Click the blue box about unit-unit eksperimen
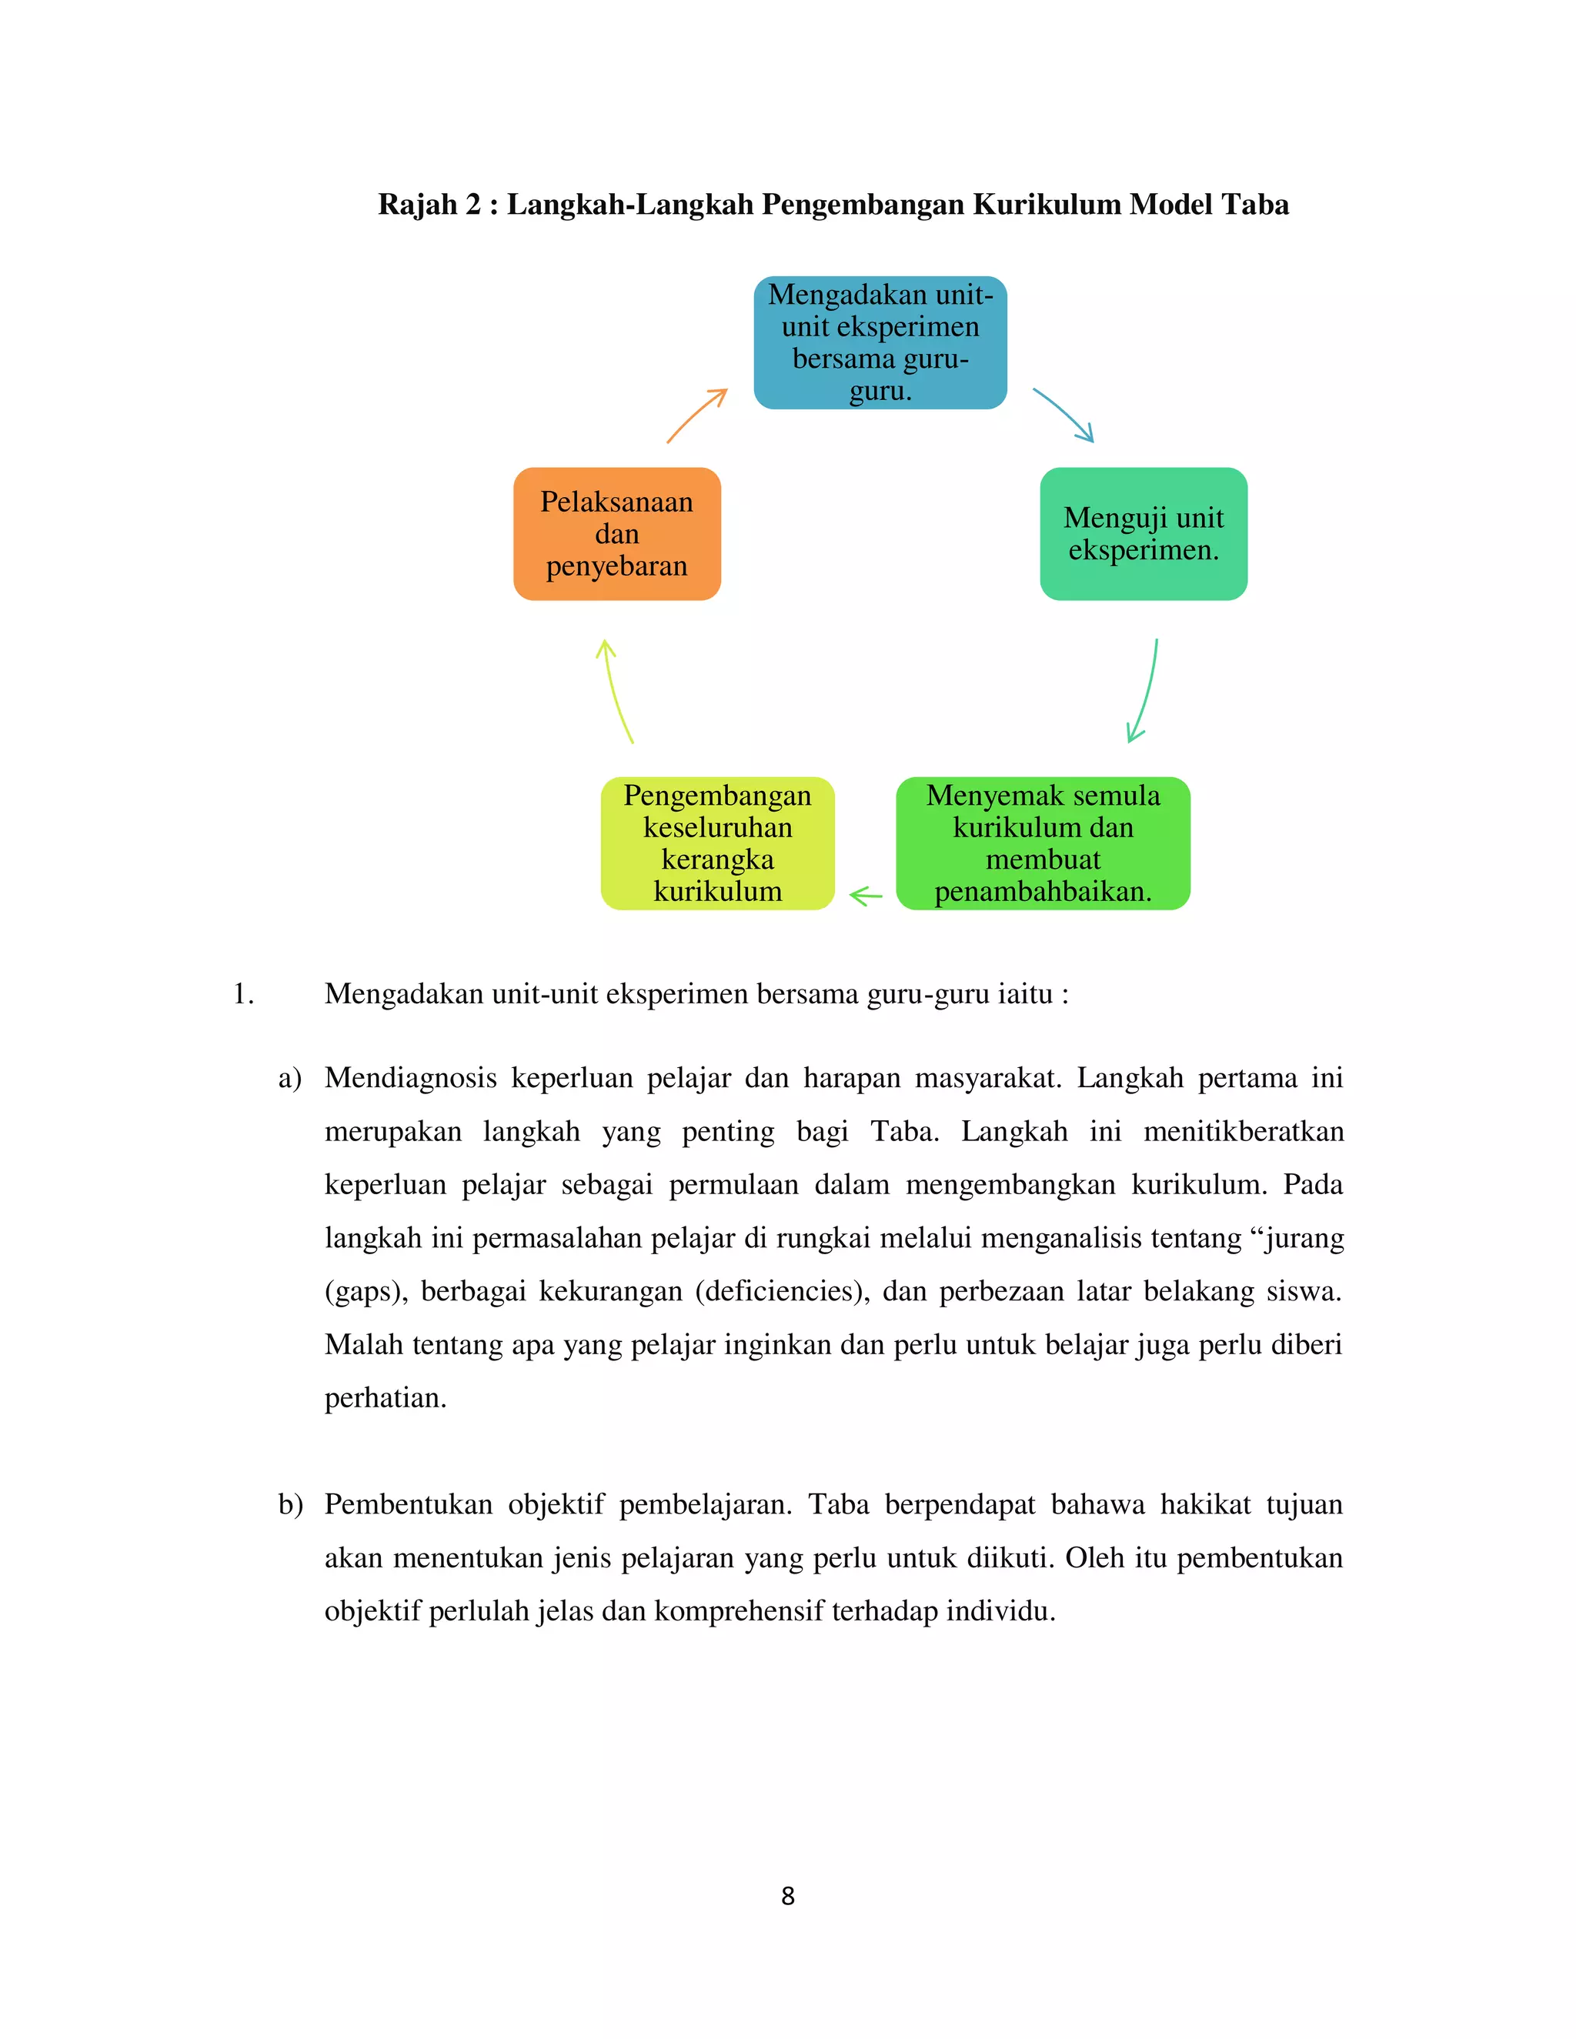click(x=880, y=342)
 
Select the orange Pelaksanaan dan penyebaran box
click(x=616, y=534)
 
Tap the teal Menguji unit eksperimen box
click(x=1143, y=534)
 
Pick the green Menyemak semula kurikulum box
click(x=1042, y=843)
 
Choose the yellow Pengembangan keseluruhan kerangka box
click(x=717, y=843)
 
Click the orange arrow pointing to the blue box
click(x=696, y=415)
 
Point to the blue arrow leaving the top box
click(x=1063, y=415)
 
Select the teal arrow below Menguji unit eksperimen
click(x=1144, y=692)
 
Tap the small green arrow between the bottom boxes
click(x=866, y=896)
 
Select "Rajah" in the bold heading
click(x=417, y=204)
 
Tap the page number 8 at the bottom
click(x=788, y=1896)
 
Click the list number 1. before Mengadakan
click(x=242, y=993)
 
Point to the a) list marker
click(x=289, y=1078)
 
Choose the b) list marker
click(x=290, y=1505)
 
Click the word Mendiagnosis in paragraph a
click(x=411, y=1078)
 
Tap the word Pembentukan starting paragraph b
click(x=408, y=1505)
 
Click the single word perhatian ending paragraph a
click(x=385, y=1397)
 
